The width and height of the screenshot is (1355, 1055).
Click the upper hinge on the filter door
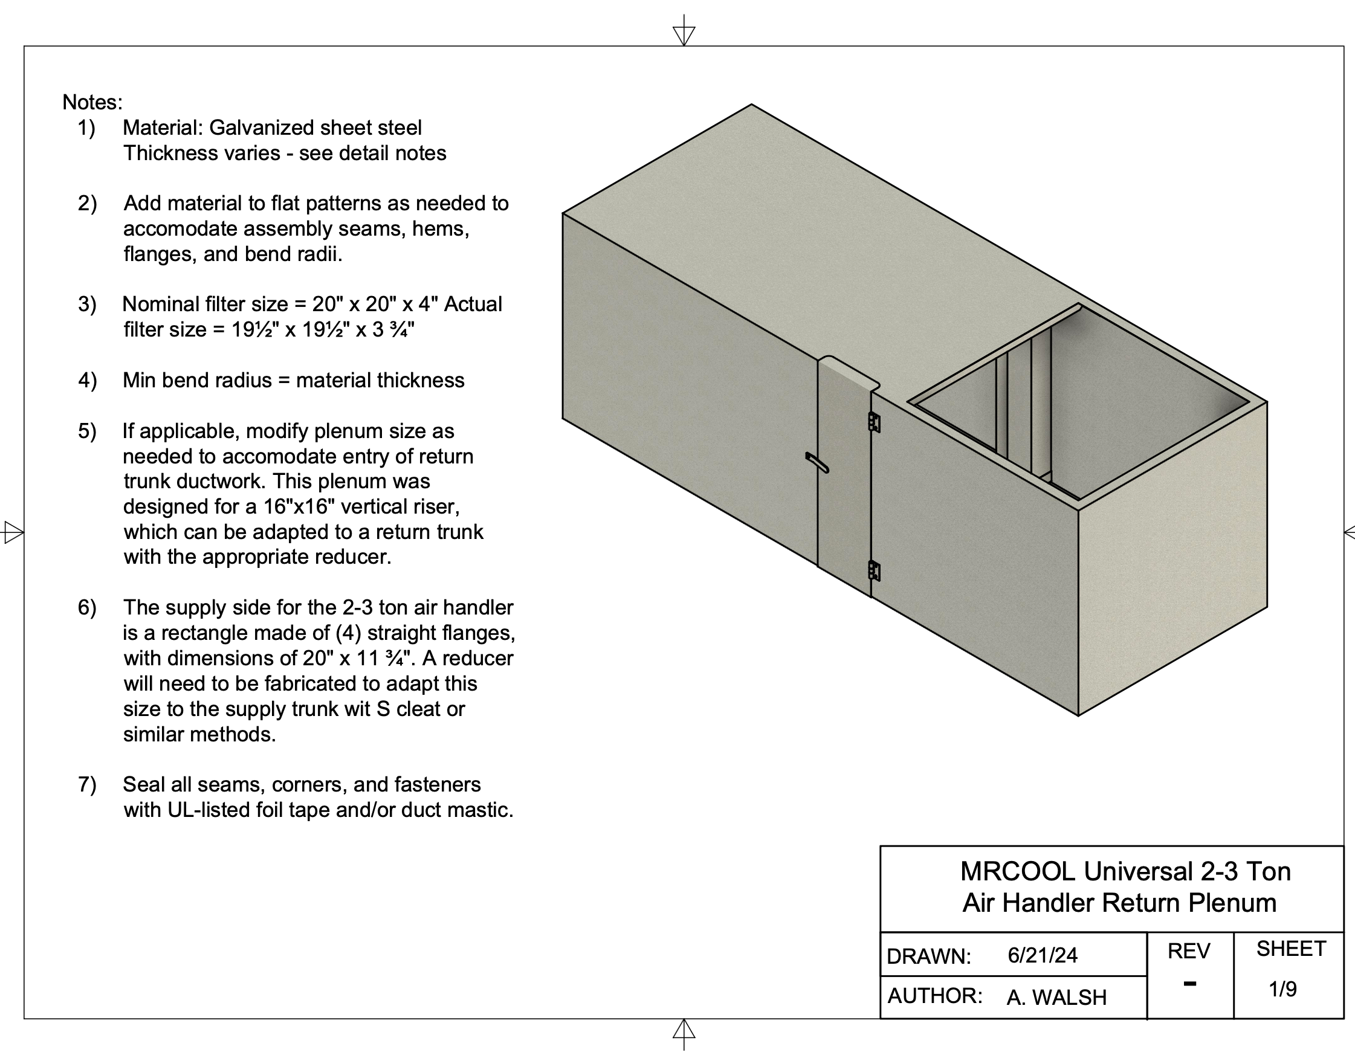point(873,422)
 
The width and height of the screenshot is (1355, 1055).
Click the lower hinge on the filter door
point(873,570)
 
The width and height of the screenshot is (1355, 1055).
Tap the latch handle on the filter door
point(817,463)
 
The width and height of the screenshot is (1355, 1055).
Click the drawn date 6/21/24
point(1043,955)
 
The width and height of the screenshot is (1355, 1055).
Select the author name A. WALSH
point(1056,998)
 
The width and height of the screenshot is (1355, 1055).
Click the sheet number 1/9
point(1282,989)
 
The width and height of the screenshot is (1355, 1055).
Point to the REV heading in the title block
point(1189,952)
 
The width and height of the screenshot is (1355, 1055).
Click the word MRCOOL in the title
point(1018,872)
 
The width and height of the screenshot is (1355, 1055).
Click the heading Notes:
point(92,102)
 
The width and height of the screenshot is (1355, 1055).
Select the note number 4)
point(88,380)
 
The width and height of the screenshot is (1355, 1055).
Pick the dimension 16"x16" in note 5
point(295,507)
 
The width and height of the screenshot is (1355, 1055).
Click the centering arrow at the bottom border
point(684,1031)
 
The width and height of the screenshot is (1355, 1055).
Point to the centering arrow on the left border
point(13,532)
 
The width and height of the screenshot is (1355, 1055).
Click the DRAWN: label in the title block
point(928,957)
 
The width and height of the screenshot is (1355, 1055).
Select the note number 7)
point(88,784)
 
